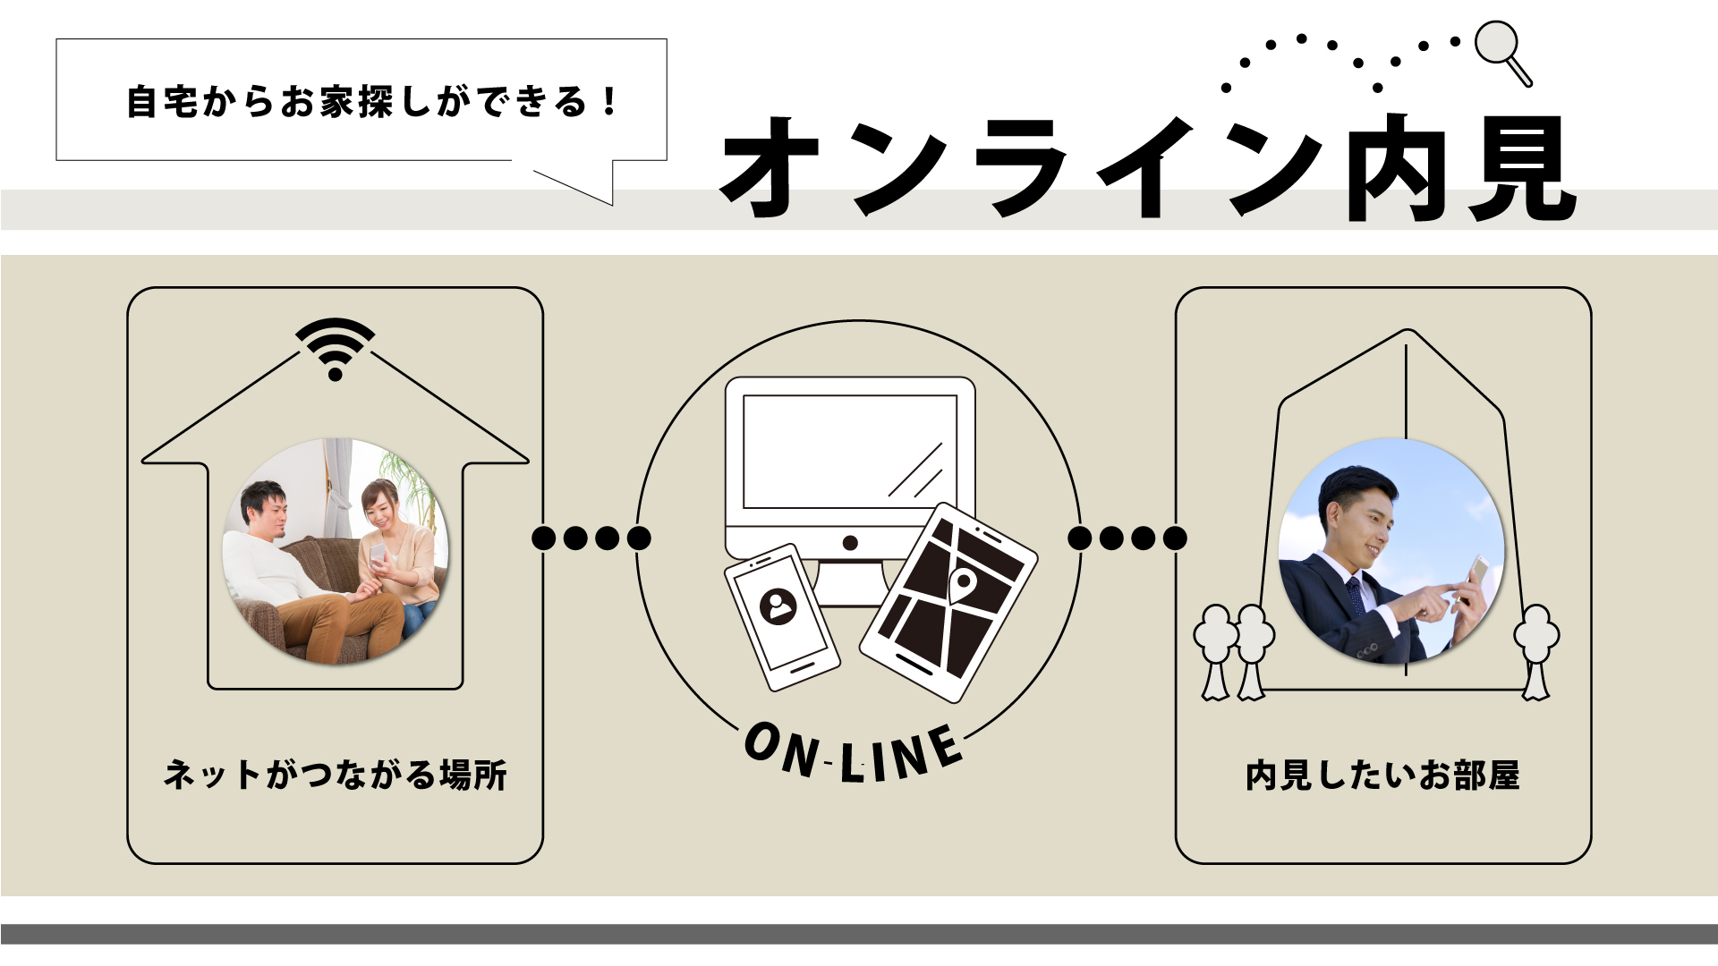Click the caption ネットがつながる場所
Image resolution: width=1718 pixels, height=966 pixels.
point(336,775)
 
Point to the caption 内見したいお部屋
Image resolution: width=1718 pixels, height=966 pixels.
point(1382,775)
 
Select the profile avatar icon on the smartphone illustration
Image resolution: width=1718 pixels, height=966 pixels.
point(778,607)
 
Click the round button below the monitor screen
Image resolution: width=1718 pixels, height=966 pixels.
point(850,543)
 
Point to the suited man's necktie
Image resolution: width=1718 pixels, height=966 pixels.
point(1356,595)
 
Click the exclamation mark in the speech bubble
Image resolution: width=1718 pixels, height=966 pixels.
point(609,101)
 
